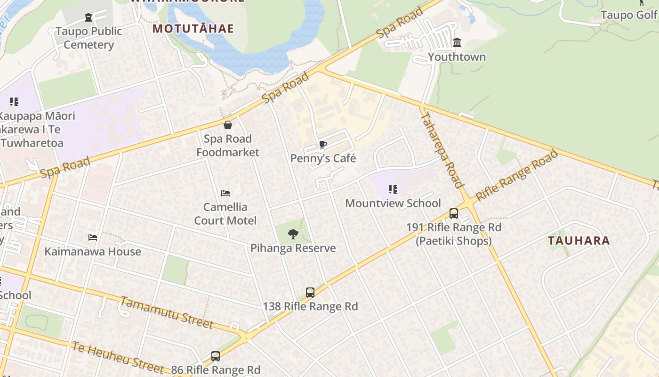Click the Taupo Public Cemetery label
[x=88, y=38]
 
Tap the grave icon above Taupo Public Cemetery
[x=88, y=18]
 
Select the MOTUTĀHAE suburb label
[x=193, y=29]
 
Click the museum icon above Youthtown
[x=457, y=43]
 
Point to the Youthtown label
[x=457, y=57]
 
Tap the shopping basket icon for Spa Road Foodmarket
[x=228, y=125]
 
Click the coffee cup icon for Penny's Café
[x=322, y=144]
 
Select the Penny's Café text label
[x=323, y=158]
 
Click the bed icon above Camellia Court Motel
[x=225, y=193]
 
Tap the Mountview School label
[x=393, y=203]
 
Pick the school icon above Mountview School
[x=393, y=189]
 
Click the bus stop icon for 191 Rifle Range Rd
[x=454, y=213]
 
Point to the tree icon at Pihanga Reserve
[x=293, y=234]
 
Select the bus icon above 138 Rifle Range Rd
[x=310, y=293]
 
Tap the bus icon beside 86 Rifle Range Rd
[x=216, y=356]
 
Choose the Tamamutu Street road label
[x=167, y=312]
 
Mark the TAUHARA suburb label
[x=579, y=241]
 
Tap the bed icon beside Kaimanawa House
[x=93, y=238]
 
